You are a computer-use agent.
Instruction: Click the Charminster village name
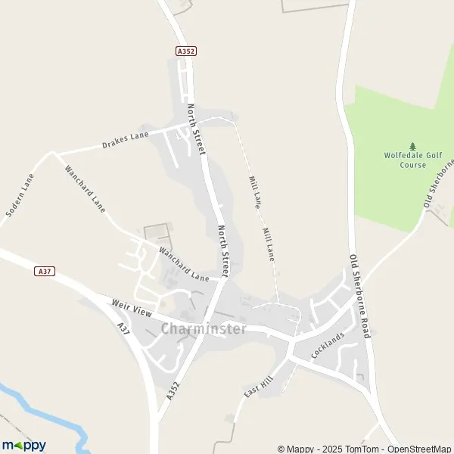(204, 329)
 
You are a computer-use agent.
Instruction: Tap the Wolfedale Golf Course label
(412, 160)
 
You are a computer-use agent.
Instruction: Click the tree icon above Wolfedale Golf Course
(412, 145)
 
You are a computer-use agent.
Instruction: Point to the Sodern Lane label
(20, 196)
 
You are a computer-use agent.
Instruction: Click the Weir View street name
(132, 309)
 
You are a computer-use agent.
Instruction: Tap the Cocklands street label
(328, 346)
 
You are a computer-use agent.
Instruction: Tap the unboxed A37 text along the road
(124, 331)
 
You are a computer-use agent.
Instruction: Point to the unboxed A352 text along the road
(173, 390)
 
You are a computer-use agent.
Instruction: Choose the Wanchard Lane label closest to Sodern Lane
(85, 188)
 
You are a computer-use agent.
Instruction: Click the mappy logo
(24, 445)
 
